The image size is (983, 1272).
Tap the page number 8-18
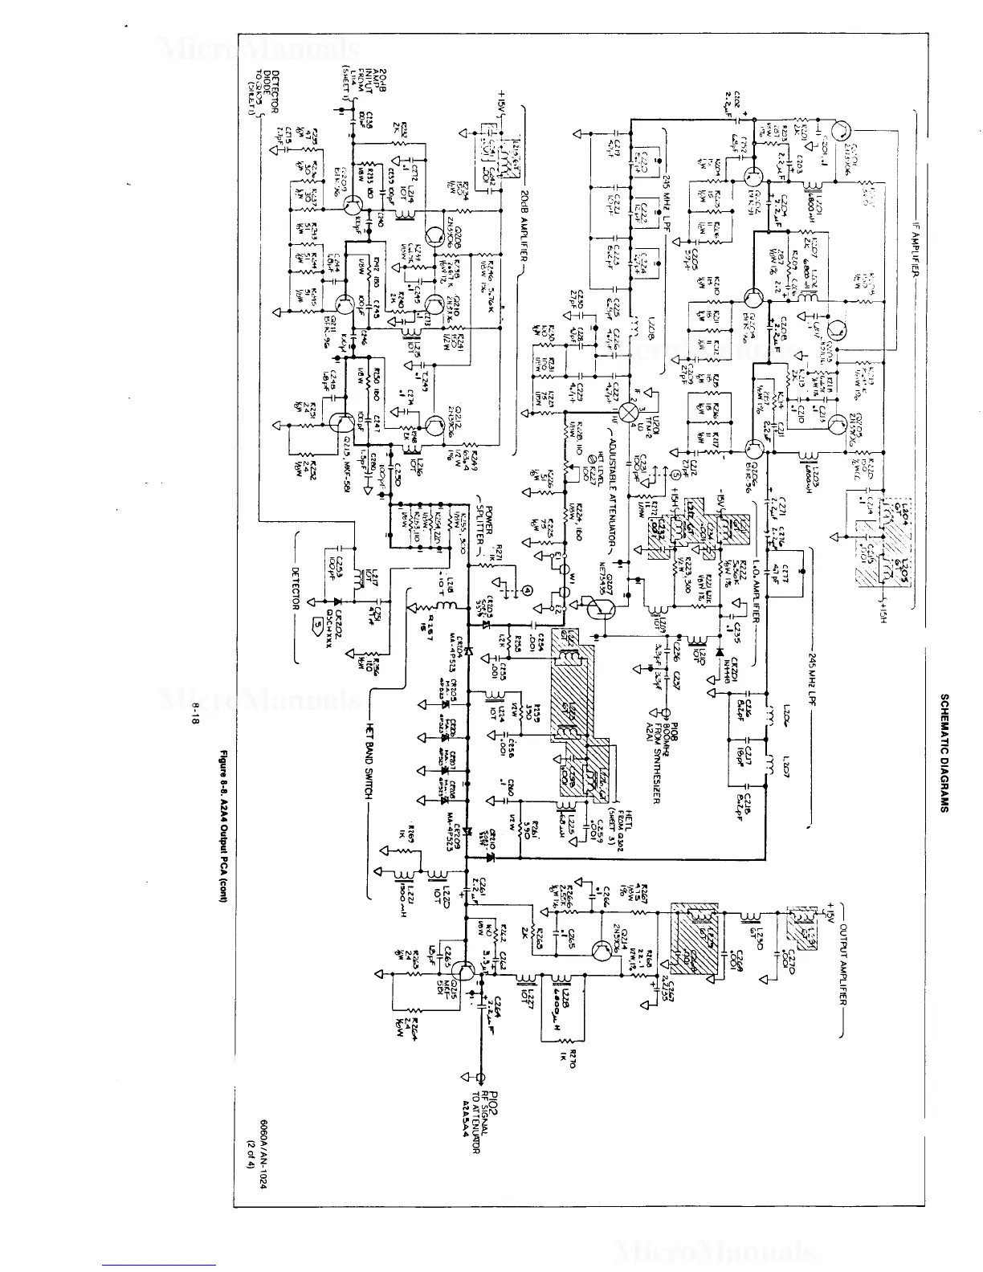click(195, 714)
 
